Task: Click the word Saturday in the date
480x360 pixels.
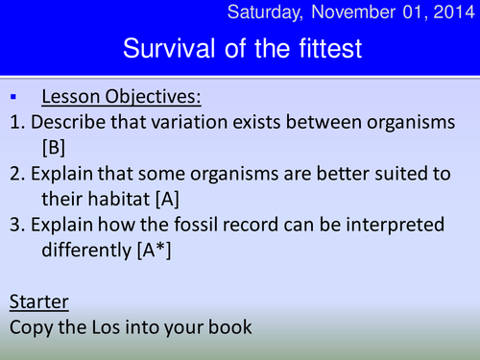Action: [264, 13]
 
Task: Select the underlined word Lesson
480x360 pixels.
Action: [72, 98]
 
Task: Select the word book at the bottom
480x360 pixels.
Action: [228, 327]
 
